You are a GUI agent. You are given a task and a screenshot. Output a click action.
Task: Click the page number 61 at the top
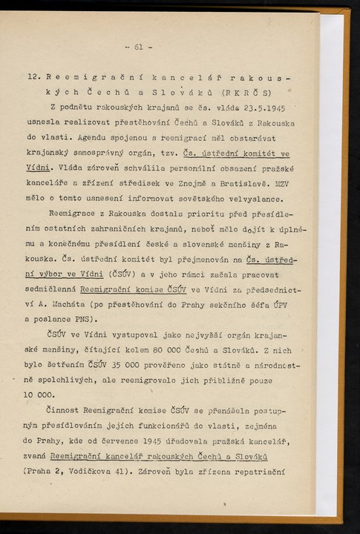[138, 49]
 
